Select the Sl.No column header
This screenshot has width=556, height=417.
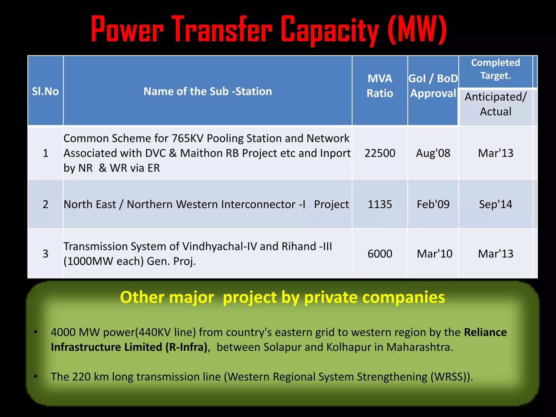[45, 91]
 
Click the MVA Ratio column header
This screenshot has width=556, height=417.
[380, 86]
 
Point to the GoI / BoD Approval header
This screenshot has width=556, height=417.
[433, 86]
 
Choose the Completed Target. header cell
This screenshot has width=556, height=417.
[495, 69]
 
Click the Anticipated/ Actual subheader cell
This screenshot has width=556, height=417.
[495, 104]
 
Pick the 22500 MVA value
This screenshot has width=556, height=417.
[380, 153]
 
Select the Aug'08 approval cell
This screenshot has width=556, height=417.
[433, 153]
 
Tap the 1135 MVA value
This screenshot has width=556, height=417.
[380, 204]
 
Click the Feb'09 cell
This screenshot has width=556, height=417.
[433, 204]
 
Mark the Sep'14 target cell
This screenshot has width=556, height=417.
[495, 204]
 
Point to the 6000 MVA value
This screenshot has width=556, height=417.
[380, 254]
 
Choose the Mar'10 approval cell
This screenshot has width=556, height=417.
[434, 254]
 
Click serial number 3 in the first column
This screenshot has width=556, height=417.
[45, 254]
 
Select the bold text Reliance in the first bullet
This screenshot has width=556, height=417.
[485, 332]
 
